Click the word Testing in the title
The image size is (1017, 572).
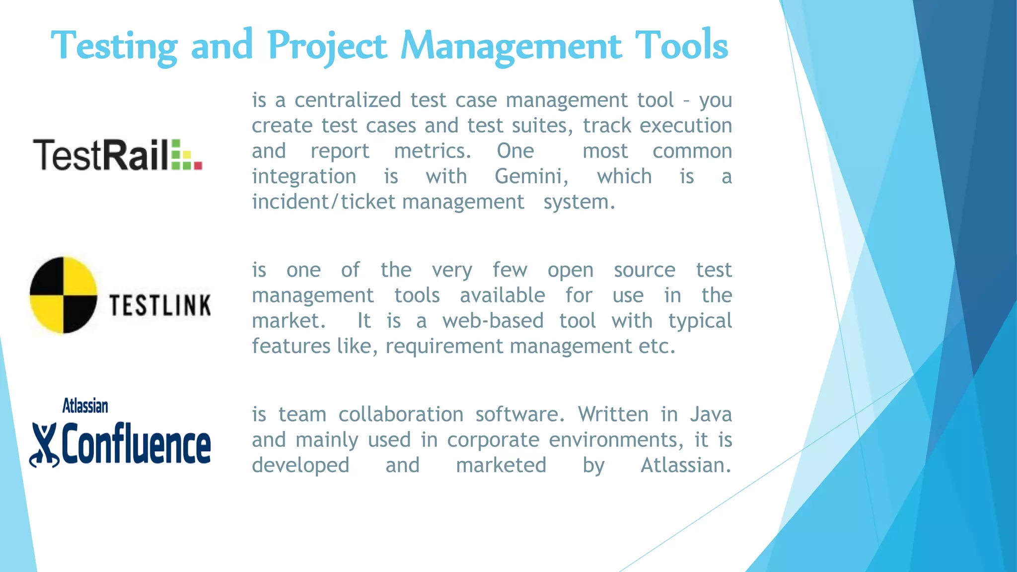click(114, 46)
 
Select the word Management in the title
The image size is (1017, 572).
click(511, 46)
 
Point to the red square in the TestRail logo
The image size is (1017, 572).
click(198, 165)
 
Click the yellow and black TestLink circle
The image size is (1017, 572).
click(63, 295)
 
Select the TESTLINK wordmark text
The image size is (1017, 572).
click(160, 305)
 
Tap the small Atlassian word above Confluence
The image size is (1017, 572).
click(85, 406)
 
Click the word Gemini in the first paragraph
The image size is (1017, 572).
click(531, 177)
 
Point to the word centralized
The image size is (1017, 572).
click(348, 100)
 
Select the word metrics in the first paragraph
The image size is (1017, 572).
click(432, 151)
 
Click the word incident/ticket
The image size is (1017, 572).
click(323, 202)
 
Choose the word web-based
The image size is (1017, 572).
click(493, 321)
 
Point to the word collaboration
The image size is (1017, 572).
click(401, 415)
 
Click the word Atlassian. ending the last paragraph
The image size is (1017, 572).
click(686, 465)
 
